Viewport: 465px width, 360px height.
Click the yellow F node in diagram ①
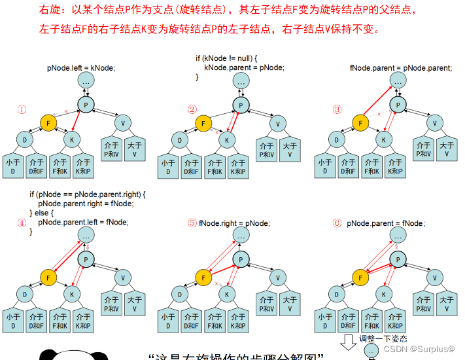coord(48,122)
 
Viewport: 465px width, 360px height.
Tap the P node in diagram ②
coord(241,106)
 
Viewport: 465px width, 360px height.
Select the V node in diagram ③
coord(434,122)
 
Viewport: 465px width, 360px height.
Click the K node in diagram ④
coord(72,293)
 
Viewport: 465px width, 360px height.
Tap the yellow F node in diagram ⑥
coord(359,277)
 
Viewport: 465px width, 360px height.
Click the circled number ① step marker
coord(22,109)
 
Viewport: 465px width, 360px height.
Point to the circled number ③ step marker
coord(337,109)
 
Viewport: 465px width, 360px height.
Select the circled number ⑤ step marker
coord(192,223)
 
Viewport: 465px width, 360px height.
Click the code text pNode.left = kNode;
coord(81,67)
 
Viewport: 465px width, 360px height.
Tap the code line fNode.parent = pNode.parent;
coord(401,67)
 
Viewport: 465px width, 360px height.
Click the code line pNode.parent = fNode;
coord(385,223)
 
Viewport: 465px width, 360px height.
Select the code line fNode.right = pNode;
coord(233,223)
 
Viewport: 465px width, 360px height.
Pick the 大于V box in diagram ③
coord(446,150)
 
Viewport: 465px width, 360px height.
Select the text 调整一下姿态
coord(383,338)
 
